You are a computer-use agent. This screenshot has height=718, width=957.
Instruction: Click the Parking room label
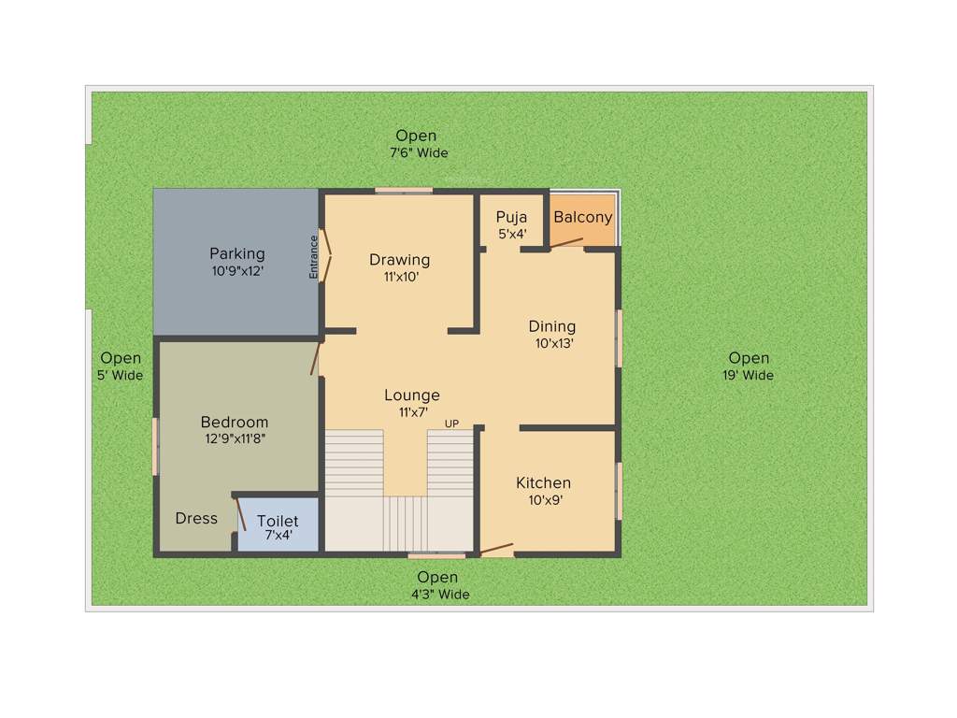236,253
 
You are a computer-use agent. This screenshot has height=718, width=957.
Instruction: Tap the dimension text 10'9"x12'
236,271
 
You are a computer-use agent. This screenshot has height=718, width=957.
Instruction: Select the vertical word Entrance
314,256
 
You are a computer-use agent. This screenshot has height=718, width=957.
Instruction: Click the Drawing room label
399,259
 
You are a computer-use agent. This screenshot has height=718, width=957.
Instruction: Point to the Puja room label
511,217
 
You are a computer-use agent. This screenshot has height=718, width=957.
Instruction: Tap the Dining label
551,326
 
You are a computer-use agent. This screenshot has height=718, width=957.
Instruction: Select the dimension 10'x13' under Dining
551,343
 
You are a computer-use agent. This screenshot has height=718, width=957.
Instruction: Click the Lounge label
412,395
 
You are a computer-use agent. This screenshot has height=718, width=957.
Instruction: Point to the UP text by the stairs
451,424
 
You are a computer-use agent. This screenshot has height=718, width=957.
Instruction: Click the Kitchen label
543,482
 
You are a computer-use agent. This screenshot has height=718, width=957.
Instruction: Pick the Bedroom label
234,422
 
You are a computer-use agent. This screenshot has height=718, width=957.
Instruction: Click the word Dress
196,518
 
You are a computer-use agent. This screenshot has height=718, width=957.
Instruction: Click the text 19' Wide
749,376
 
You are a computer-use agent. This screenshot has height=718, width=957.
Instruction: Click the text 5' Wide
121,376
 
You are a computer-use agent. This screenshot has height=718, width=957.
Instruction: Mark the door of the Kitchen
496,548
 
